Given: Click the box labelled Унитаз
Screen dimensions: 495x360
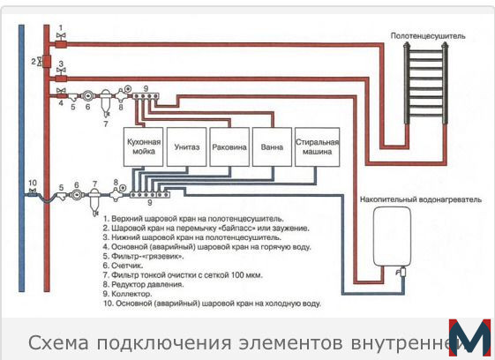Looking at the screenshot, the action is pyautogui.click(x=186, y=146).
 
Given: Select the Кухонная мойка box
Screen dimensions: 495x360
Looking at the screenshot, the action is pyautogui.click(x=143, y=146).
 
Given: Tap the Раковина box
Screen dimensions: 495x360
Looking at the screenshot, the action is pyautogui.click(x=229, y=146).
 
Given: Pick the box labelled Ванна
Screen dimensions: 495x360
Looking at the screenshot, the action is pyautogui.click(x=272, y=146).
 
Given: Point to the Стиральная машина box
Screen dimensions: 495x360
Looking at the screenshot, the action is pyautogui.click(x=318, y=146).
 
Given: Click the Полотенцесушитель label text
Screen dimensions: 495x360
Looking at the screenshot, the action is pyautogui.click(x=428, y=36).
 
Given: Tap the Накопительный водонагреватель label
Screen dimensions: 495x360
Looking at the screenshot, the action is pyautogui.click(x=421, y=199).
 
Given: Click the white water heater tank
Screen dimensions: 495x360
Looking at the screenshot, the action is pyautogui.click(x=392, y=236).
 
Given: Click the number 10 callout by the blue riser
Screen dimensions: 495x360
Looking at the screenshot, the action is pyautogui.click(x=33, y=183).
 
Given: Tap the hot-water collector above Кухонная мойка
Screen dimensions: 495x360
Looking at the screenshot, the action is pyautogui.click(x=146, y=96).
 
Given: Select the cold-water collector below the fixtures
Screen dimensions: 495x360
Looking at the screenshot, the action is pyautogui.click(x=150, y=195).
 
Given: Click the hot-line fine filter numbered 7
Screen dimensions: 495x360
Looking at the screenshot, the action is pyautogui.click(x=105, y=103).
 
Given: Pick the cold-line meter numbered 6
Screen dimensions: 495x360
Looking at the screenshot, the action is pyautogui.click(x=77, y=195).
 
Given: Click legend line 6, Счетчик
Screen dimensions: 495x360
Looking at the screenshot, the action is pyautogui.click(x=123, y=266).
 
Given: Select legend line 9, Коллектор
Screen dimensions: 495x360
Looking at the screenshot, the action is pyautogui.click(x=127, y=294).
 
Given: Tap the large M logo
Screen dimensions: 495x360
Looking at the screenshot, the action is pyautogui.click(x=470, y=337).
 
